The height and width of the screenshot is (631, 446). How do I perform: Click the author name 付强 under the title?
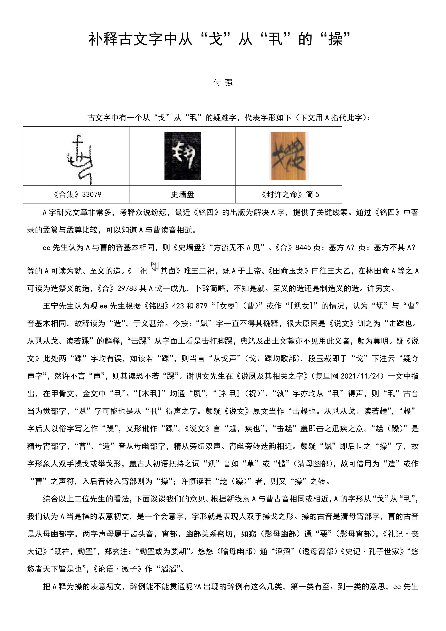223,82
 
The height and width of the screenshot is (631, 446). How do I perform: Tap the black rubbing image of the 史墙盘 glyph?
183,156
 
